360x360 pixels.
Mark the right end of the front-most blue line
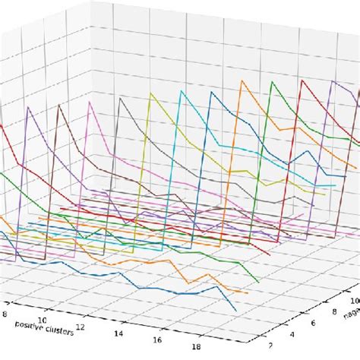click(x=236, y=311)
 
